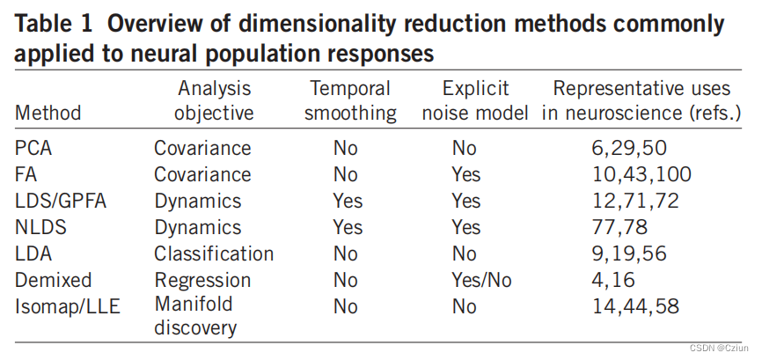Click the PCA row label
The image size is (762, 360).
pos(34,148)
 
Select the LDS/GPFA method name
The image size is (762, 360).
pos(60,201)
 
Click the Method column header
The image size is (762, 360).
pos(48,113)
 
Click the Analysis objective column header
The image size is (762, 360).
pos(214,100)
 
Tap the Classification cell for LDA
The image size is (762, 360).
pos(214,253)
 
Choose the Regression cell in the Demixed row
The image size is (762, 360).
pos(202,280)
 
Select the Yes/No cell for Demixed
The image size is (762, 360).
pos(481,280)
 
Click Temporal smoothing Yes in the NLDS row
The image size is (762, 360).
pos(348,227)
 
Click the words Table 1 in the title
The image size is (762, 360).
pos(52,24)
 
